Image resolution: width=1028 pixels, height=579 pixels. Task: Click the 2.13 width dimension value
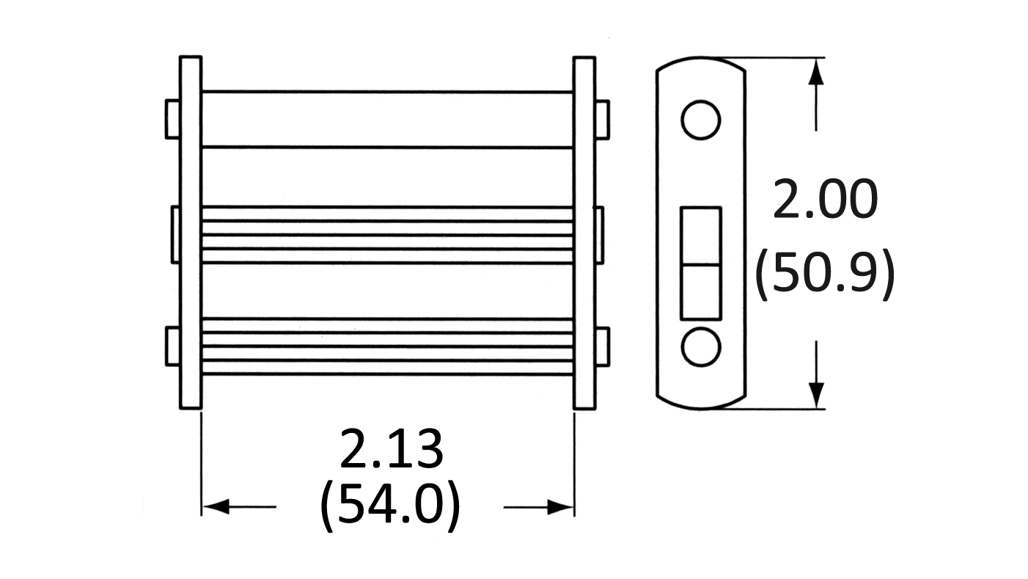(x=392, y=450)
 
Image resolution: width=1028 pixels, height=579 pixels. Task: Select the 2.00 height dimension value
(x=824, y=200)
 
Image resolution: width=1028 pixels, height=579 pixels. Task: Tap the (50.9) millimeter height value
(x=824, y=273)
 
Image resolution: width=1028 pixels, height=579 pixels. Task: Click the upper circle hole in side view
(x=700, y=120)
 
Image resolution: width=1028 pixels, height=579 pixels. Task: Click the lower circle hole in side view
(x=700, y=347)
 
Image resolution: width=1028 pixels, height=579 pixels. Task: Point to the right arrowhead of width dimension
(x=560, y=506)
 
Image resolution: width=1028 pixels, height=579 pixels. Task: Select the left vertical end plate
(x=191, y=232)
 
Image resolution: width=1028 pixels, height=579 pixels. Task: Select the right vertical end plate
(x=584, y=232)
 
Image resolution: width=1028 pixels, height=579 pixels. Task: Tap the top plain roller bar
(x=387, y=120)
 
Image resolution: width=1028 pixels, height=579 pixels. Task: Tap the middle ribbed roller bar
(x=387, y=235)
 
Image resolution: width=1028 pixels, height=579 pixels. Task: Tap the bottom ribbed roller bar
(x=387, y=347)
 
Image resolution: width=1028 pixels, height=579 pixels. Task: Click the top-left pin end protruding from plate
(x=173, y=119)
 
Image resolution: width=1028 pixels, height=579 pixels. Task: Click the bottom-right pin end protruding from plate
(x=602, y=347)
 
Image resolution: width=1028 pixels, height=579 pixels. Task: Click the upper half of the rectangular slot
(x=700, y=236)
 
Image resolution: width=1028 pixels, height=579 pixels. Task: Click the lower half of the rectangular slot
(x=700, y=291)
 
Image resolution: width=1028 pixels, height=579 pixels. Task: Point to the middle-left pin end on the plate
(x=175, y=235)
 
